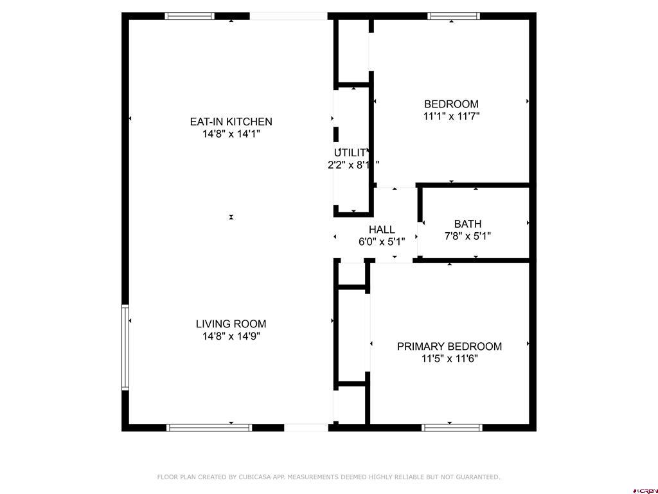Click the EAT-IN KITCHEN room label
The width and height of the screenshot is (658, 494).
click(x=231, y=122)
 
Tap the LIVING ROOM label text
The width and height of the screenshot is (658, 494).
click(x=231, y=324)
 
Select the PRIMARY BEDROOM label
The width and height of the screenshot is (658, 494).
click(x=449, y=346)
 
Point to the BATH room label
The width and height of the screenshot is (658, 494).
click(x=467, y=224)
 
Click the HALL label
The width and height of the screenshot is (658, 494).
click(x=382, y=230)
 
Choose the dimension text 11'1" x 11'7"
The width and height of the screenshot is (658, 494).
click(x=451, y=116)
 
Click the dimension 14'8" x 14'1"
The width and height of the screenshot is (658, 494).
click(x=231, y=134)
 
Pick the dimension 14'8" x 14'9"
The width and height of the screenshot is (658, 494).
click(x=231, y=336)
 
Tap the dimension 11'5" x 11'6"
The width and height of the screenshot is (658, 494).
click(x=449, y=359)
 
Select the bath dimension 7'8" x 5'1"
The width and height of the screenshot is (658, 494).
click(x=467, y=236)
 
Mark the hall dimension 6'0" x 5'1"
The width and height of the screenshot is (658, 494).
click(x=382, y=242)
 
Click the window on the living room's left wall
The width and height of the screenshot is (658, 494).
click(x=125, y=347)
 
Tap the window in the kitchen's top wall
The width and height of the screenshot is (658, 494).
click(x=190, y=16)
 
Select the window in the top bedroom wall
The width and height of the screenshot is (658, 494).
click(x=454, y=16)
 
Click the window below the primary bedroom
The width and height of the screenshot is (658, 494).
click(x=452, y=427)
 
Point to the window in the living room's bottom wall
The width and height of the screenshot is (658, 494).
click(x=209, y=427)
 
